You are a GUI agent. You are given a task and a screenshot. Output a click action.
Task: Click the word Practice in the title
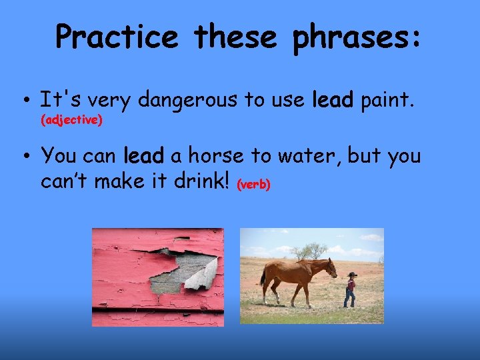(117, 37)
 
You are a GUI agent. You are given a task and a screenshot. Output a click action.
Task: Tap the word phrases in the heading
(357, 37)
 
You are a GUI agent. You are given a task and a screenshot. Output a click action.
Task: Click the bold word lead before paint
(333, 101)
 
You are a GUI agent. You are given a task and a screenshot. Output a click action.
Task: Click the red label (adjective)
(71, 120)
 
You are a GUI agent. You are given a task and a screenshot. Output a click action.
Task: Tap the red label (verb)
(253, 185)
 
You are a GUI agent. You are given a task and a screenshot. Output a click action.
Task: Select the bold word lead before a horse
(144, 156)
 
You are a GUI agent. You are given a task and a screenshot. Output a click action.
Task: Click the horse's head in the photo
(331, 268)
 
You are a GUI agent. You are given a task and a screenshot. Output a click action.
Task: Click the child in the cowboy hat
(351, 288)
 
